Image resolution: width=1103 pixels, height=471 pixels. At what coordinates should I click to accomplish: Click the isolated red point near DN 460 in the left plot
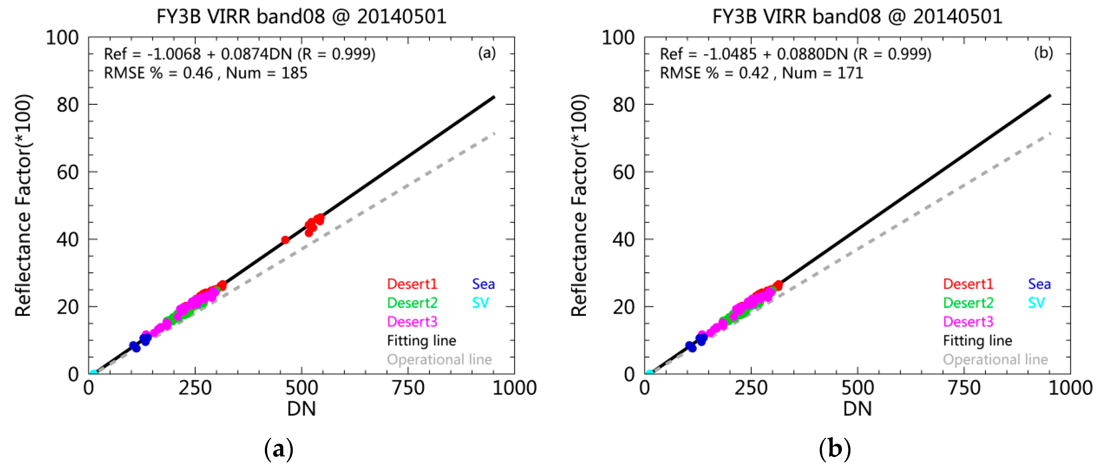coord(285,240)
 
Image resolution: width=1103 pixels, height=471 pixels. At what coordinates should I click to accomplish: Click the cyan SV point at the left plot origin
coord(93,373)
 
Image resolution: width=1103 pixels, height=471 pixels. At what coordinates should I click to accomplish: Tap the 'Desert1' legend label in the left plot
coord(412,284)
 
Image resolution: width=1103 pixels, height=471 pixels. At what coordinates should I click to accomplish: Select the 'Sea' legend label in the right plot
coord(1039,284)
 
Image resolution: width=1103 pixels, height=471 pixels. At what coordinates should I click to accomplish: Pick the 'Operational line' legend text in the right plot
coord(995,359)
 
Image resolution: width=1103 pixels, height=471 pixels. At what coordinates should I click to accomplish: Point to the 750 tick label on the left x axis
coord(408,388)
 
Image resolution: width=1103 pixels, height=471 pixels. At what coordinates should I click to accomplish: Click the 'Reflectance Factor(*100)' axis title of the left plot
coord(23,205)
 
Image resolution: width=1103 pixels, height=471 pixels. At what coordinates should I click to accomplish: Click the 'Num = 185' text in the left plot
coord(266,73)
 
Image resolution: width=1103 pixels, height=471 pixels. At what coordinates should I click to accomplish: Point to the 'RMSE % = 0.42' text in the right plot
coord(714,73)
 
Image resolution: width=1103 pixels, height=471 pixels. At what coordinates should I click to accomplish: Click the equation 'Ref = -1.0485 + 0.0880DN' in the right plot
coord(754,54)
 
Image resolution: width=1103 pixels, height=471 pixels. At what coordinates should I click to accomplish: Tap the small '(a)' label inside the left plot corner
coord(487,53)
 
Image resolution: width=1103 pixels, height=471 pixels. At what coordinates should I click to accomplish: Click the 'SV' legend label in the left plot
coord(480,303)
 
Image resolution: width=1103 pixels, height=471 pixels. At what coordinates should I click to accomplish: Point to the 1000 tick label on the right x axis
coord(1070,388)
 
